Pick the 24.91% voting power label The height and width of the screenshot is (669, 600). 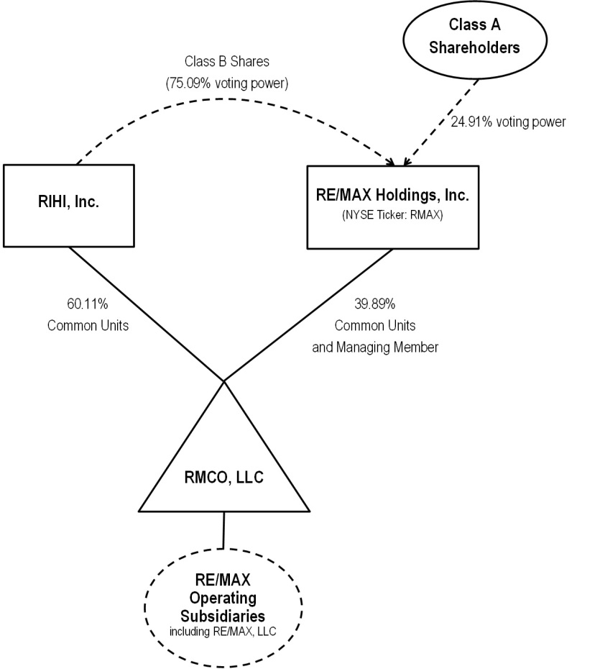point(508,122)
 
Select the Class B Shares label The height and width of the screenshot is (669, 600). point(226,63)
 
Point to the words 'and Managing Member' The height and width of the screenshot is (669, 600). point(374,347)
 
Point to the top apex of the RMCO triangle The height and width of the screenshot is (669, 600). point(224,381)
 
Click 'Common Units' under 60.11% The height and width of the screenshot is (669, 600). point(88,325)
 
